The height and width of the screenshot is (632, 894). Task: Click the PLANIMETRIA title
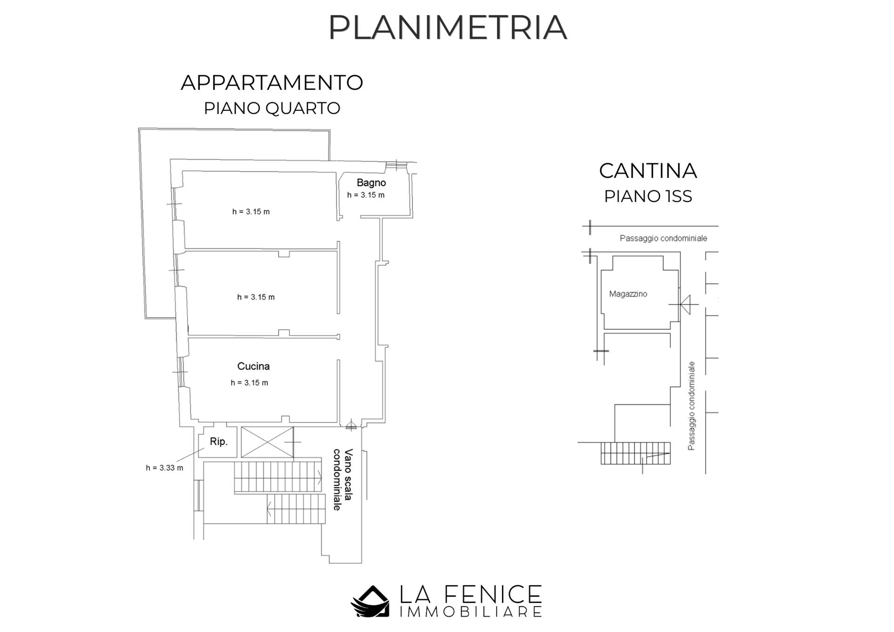click(447, 27)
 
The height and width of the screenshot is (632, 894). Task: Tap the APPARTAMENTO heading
click(272, 83)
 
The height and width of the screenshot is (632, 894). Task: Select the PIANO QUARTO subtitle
click(272, 109)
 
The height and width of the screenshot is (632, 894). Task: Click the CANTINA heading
click(648, 171)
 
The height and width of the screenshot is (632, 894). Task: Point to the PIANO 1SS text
click(648, 197)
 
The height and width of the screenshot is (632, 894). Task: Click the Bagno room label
click(371, 183)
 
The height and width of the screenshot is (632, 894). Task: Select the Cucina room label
click(253, 366)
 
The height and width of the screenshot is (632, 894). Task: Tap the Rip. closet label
click(218, 442)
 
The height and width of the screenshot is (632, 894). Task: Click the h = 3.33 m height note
click(164, 468)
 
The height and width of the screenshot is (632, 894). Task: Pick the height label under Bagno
click(366, 195)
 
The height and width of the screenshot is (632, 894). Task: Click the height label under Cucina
click(249, 383)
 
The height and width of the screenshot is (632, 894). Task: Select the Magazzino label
click(628, 294)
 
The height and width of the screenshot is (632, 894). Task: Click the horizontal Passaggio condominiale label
click(663, 238)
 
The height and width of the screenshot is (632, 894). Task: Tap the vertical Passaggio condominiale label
click(691, 406)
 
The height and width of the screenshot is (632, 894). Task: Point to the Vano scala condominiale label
click(343, 479)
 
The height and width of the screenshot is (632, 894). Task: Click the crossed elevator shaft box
click(267, 442)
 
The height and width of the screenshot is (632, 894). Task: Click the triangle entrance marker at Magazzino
click(685, 305)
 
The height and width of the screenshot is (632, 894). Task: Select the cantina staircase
click(635, 453)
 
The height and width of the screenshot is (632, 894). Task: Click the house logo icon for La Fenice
click(370, 601)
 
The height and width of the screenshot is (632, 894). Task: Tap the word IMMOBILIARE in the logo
click(470, 612)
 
